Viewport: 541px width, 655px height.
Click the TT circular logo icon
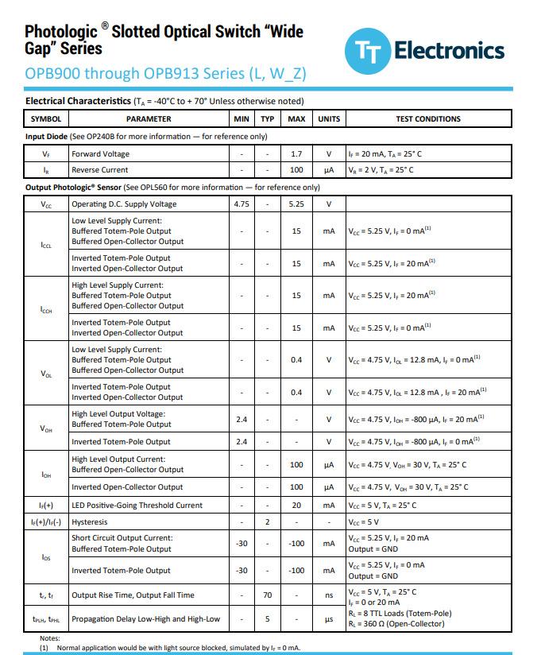[x=366, y=52]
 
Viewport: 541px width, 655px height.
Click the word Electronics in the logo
[x=449, y=51]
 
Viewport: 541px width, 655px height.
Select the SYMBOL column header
[x=45, y=119]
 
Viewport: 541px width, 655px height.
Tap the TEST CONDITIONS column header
[x=428, y=119]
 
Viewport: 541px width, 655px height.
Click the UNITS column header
[x=328, y=119]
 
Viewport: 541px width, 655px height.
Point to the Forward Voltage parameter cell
[x=100, y=154]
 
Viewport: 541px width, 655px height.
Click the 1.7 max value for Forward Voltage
[x=296, y=154]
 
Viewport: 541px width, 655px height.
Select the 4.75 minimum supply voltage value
[x=242, y=204]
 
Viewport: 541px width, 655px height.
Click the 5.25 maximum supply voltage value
[x=296, y=204]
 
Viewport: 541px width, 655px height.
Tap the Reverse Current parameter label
[x=99, y=170]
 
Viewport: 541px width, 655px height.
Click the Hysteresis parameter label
[x=90, y=522]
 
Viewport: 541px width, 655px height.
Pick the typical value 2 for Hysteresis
[x=268, y=522]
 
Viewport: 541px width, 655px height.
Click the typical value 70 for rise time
[x=268, y=595]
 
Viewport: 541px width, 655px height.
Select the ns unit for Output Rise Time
[x=328, y=595]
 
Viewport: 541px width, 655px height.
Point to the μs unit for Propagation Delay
[x=328, y=619]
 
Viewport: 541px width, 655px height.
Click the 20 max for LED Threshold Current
[x=296, y=506]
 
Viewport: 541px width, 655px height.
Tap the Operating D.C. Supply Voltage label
[x=124, y=204]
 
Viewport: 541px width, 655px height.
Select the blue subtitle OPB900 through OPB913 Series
[x=165, y=74]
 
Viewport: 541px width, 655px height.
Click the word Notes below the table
[x=49, y=638]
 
